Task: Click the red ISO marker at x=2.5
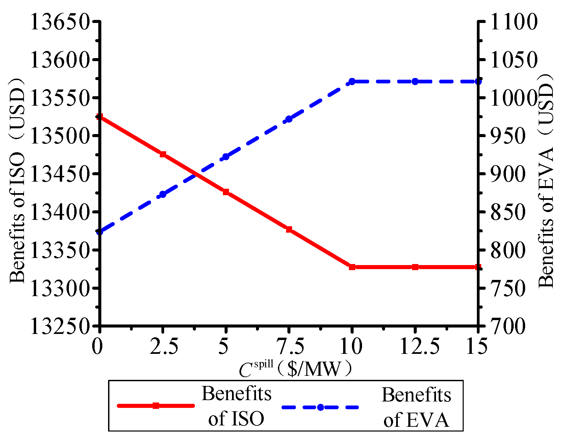point(163,154)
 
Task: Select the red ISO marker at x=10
point(352,267)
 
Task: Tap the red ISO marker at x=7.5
point(289,229)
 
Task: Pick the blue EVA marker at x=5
point(226,157)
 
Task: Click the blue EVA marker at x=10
point(352,81)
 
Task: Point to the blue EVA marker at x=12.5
point(415,81)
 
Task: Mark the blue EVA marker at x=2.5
point(163,194)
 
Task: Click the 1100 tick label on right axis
point(513,22)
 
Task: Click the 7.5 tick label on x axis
point(290,346)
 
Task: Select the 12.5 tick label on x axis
point(419,346)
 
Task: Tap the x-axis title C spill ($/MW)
point(295,369)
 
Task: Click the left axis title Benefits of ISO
point(18,181)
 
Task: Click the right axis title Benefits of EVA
point(546,181)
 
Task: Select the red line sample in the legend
point(156,406)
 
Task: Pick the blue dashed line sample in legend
point(320,407)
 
